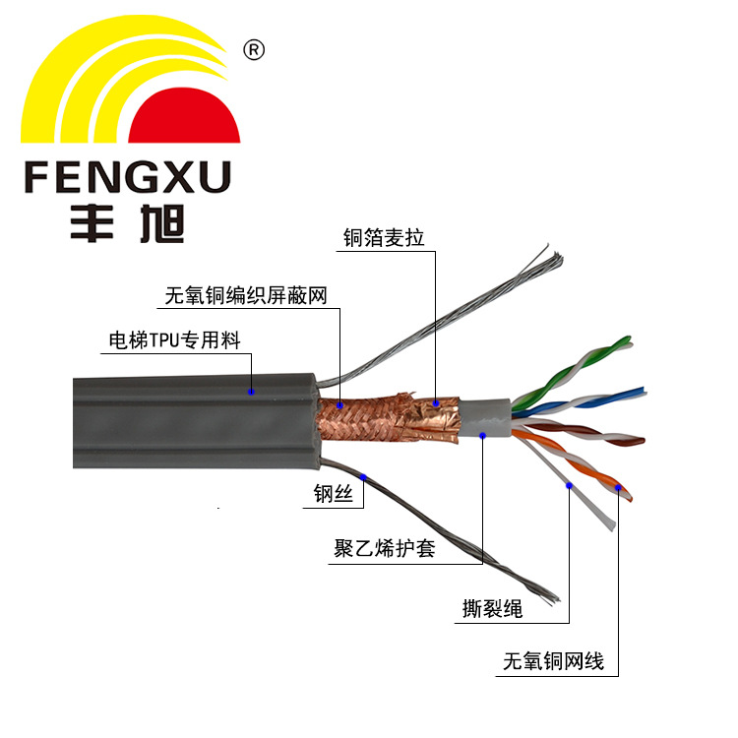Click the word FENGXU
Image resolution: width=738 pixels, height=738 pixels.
(x=127, y=178)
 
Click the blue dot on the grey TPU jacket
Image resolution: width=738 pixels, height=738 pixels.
(x=252, y=391)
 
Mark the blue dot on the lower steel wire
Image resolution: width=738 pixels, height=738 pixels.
(x=364, y=477)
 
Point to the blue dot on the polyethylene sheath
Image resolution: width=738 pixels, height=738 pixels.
(x=483, y=432)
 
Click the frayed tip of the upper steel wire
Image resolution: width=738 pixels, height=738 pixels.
(x=551, y=260)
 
